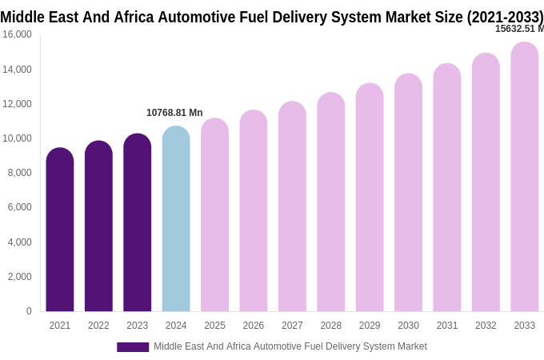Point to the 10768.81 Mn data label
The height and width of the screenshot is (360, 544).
pos(174,113)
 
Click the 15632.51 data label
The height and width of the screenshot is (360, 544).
pos(518,29)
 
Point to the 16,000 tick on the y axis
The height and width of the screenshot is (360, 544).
pos(17,34)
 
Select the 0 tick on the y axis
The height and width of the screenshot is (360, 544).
pos(29,311)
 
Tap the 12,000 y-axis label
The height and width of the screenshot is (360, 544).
pos(17,104)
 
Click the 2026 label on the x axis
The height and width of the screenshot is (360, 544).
pos(253,326)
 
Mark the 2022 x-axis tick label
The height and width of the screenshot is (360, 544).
pos(98,326)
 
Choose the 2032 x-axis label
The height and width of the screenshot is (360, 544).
pos(486,326)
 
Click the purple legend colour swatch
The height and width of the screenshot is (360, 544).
pos(133,347)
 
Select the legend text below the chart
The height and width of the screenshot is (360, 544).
pos(290,346)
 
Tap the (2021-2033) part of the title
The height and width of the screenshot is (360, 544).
pos(505,17)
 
